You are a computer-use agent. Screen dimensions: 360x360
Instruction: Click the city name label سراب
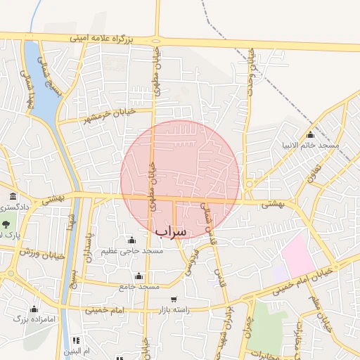click(171, 231)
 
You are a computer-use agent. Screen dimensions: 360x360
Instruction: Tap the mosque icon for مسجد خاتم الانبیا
click(310, 135)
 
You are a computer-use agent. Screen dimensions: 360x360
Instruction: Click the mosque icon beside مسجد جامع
click(139, 276)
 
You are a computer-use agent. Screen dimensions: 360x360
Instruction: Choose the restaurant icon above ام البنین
click(76, 340)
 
